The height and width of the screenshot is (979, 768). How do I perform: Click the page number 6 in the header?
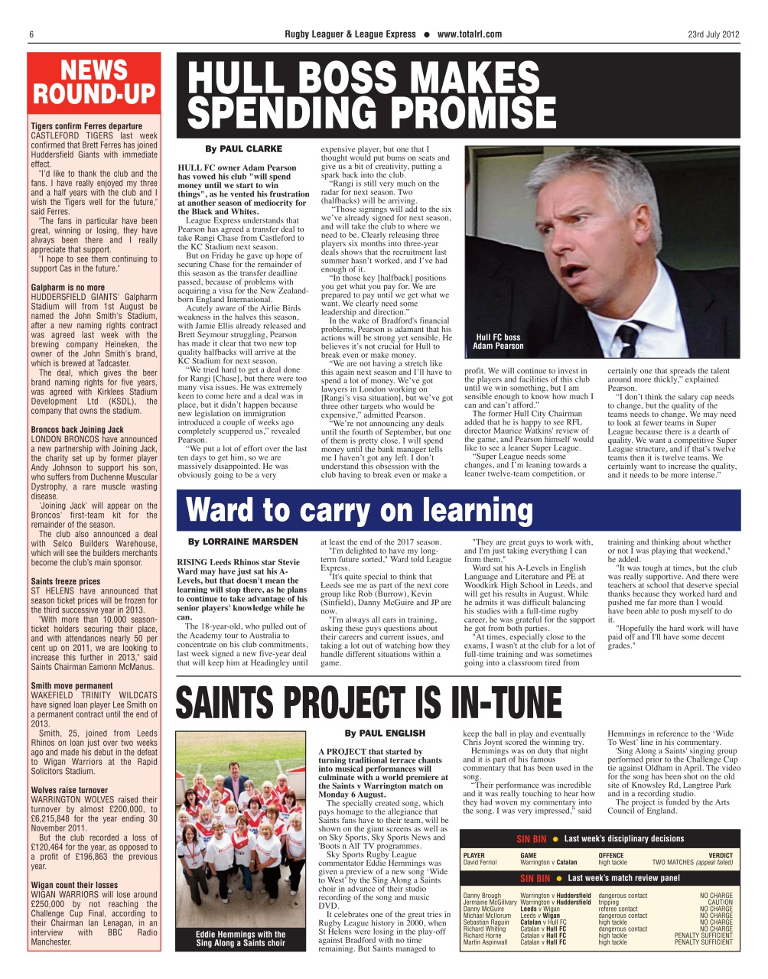pos(31,34)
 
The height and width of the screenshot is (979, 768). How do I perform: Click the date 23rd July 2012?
pos(713,34)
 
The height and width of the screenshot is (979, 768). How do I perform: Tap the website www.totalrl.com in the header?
pos(469,34)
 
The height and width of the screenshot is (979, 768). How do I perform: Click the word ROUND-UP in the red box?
pos(94,95)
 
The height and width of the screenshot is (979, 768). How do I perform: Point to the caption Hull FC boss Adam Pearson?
pos(498,342)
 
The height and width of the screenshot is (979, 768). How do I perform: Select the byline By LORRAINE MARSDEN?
pos(243,542)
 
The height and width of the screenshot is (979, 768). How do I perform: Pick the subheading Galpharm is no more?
pos(68,288)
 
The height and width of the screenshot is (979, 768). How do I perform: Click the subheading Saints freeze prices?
pos(66,581)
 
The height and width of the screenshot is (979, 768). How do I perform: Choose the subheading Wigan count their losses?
pos(75,885)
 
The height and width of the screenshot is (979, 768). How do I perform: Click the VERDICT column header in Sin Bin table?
pos(720,856)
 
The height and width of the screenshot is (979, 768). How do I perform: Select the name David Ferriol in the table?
pos(480,863)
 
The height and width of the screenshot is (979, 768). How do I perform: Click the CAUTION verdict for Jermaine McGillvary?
pos(720,903)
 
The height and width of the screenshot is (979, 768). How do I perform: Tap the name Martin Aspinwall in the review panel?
pos(485,942)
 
